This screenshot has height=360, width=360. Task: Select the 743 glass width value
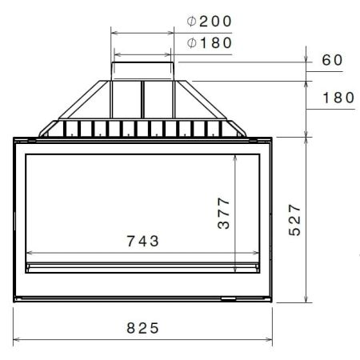(142, 240)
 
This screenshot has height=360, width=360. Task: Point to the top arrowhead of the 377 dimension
(235, 158)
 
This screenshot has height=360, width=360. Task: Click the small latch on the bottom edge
(228, 300)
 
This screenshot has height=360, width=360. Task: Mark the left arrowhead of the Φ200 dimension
(113, 33)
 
